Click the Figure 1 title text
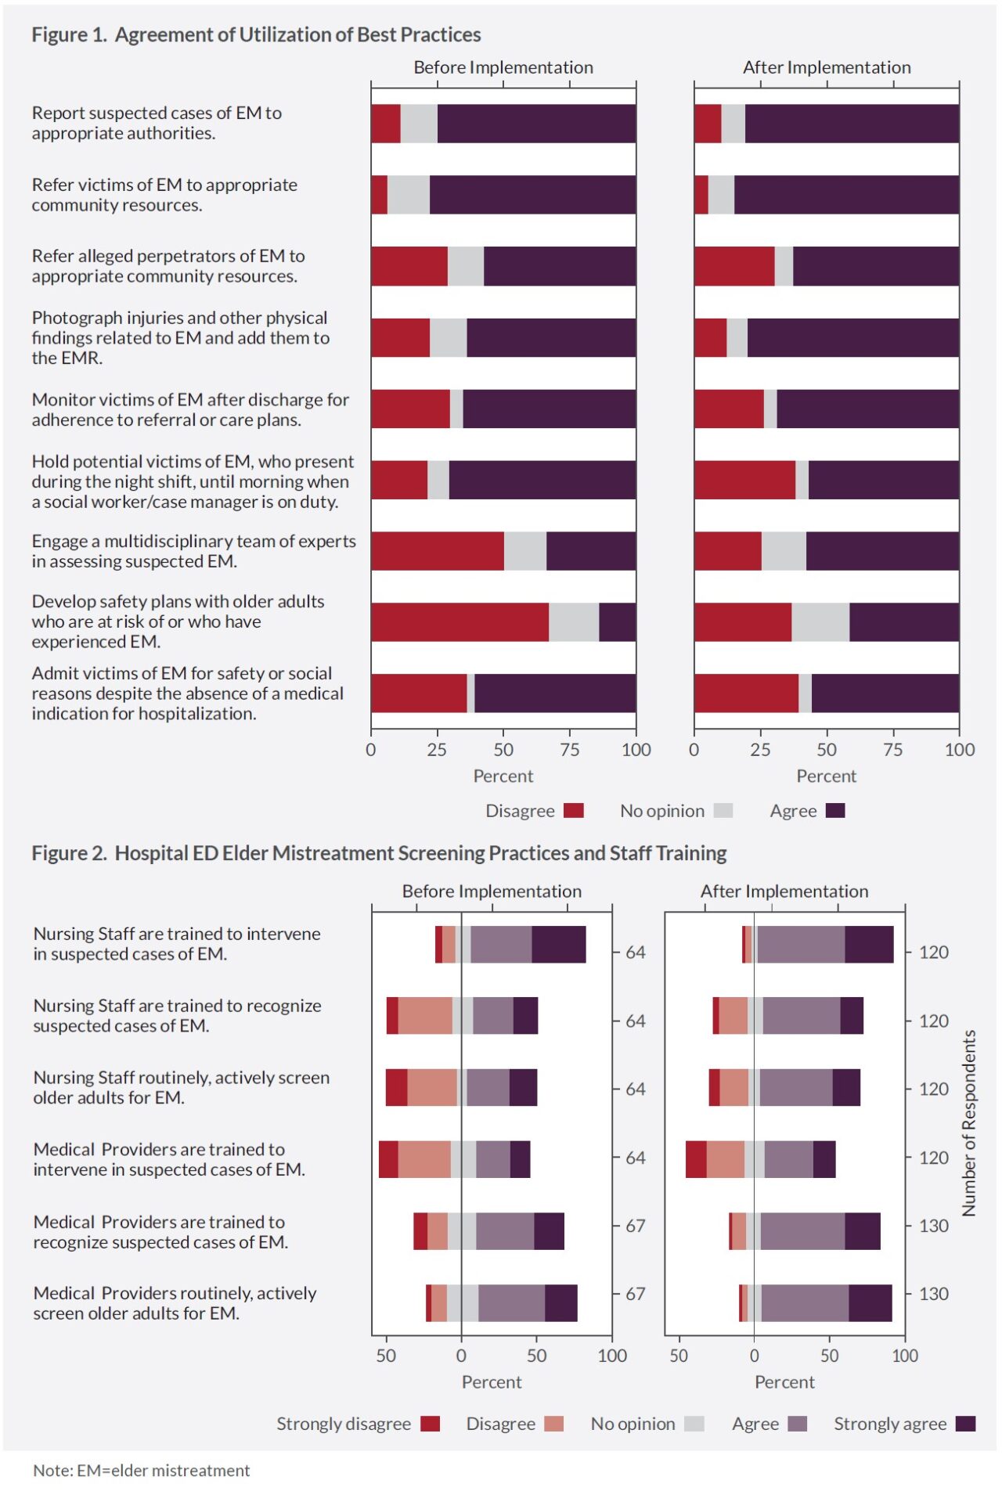point(256,34)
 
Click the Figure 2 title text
point(379,852)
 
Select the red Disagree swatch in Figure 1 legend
point(574,810)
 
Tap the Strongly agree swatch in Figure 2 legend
point(966,1423)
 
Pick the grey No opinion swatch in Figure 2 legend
point(694,1423)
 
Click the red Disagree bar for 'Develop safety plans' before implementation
point(460,622)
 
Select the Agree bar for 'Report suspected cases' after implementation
point(852,124)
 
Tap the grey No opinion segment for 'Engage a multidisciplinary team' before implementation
point(525,551)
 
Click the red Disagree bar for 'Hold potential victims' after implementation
point(744,480)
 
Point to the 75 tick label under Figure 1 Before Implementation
point(570,750)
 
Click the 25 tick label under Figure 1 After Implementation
point(760,750)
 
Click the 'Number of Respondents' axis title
point(969,1123)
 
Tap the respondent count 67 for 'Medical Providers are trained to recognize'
point(636,1226)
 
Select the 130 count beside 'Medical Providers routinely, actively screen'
point(934,1294)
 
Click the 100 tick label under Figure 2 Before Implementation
point(612,1356)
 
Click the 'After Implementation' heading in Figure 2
point(784,891)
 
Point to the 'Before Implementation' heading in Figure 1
point(503,67)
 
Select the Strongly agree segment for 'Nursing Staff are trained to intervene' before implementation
point(559,944)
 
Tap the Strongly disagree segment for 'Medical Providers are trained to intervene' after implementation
point(696,1159)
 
